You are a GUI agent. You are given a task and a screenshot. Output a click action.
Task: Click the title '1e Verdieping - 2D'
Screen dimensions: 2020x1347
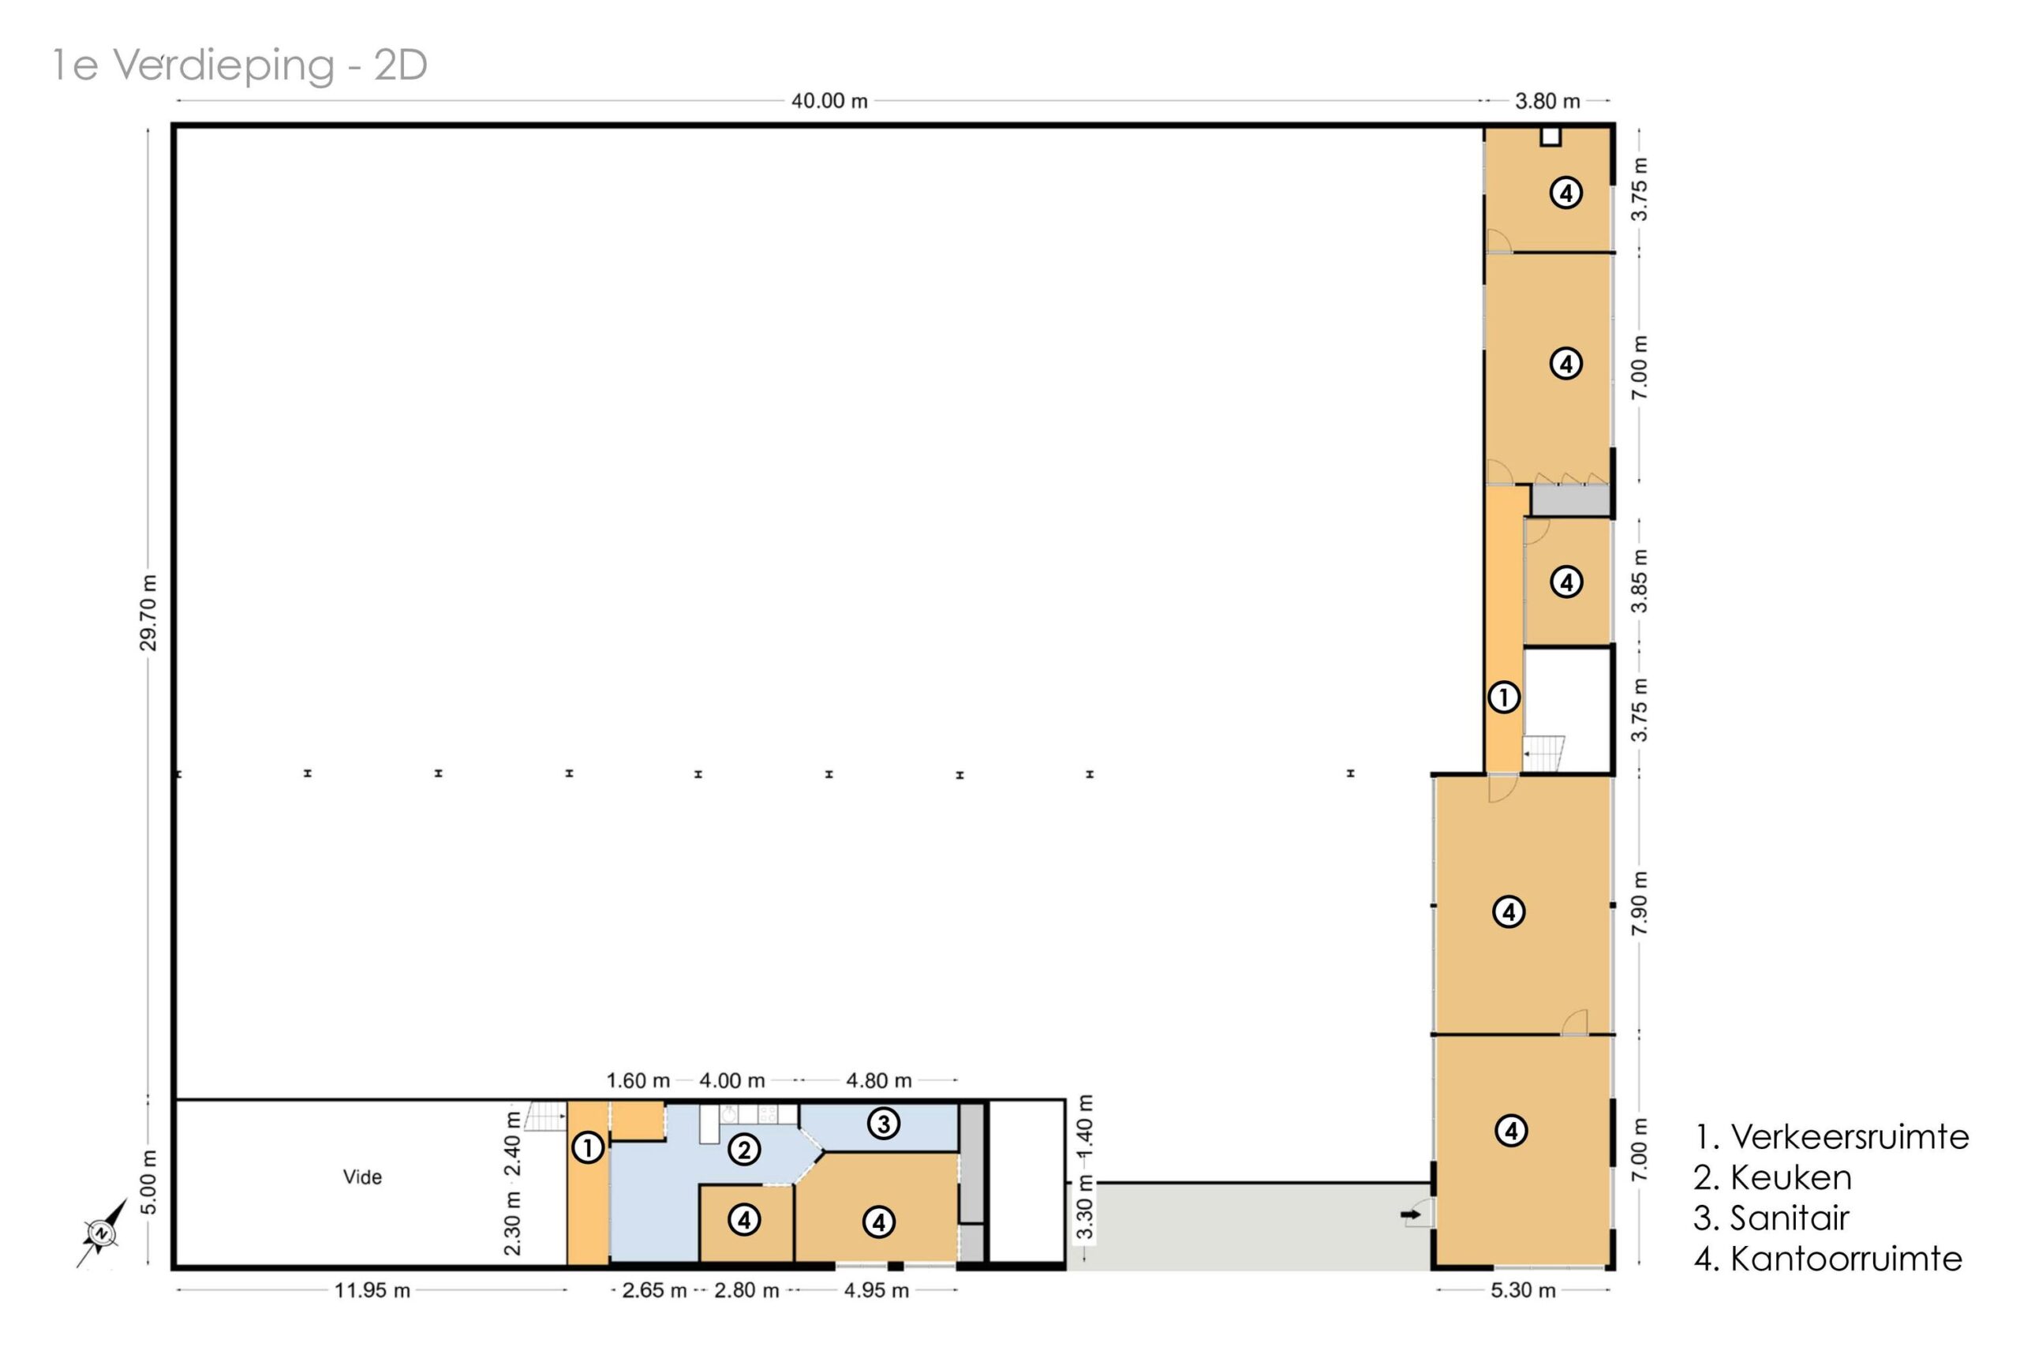240,65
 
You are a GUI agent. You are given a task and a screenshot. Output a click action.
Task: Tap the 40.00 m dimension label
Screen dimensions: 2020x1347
829,100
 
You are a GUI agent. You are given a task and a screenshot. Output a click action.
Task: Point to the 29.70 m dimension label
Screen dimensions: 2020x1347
148,612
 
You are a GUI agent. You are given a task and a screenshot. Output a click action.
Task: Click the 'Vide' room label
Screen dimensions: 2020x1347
362,1177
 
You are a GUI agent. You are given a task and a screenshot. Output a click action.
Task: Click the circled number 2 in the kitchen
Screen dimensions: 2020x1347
744,1150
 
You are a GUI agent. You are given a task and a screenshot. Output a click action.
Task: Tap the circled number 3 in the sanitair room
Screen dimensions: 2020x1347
883,1123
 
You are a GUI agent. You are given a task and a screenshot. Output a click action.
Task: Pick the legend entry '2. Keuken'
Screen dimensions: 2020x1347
1773,1177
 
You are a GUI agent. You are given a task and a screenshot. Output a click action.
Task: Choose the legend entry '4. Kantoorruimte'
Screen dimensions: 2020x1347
1828,1259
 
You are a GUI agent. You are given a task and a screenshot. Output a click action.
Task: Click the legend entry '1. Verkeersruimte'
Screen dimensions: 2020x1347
1831,1136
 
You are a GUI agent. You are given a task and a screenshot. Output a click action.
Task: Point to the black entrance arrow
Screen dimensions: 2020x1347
1410,1214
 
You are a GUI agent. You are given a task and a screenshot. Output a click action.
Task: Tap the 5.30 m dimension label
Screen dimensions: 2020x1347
1523,1290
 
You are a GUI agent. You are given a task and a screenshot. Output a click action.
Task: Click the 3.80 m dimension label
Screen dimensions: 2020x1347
1547,101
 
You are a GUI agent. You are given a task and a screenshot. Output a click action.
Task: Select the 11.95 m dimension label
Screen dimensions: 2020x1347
372,1290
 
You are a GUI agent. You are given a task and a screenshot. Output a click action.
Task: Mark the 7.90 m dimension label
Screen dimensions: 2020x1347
1640,904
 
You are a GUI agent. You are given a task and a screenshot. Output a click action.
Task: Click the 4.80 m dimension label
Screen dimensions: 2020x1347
878,1081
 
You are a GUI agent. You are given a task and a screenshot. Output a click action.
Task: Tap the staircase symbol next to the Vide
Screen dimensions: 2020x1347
545,1116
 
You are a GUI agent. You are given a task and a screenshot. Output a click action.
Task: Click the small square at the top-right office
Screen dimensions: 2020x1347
1551,137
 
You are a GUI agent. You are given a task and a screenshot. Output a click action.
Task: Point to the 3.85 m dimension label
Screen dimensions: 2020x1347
1640,581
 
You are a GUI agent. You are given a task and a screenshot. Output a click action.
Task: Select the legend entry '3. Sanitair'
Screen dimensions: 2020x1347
1771,1218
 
